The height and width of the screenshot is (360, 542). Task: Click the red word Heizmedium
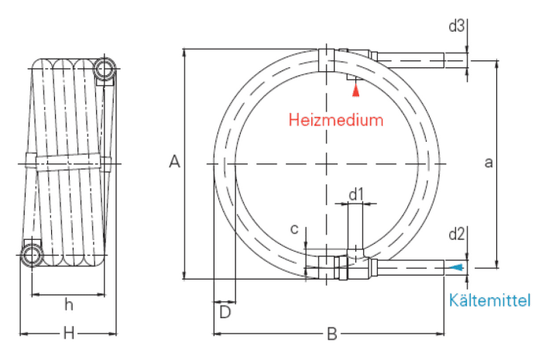[336, 120]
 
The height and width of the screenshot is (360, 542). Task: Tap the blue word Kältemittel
[489, 300]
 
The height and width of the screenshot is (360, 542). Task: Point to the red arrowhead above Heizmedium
[355, 91]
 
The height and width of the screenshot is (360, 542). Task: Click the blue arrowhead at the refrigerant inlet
[457, 267]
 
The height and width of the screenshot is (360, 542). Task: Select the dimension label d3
[456, 26]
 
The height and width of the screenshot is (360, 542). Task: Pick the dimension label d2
[456, 235]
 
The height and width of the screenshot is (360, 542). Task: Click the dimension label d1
[356, 194]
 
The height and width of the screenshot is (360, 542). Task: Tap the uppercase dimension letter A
[174, 162]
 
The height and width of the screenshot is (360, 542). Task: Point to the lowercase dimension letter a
[489, 163]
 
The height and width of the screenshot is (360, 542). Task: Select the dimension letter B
[332, 334]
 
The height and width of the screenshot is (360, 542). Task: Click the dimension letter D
[225, 312]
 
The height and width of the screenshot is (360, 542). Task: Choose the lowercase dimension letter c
[294, 229]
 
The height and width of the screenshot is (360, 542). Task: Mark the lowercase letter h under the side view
[69, 305]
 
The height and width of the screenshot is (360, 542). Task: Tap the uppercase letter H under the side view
[69, 334]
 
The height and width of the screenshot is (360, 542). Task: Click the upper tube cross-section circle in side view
[105, 68]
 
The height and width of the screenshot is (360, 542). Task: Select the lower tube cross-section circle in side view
[32, 255]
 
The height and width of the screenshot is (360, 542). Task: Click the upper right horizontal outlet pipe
[410, 60]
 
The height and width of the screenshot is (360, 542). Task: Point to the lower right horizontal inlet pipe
[410, 268]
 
